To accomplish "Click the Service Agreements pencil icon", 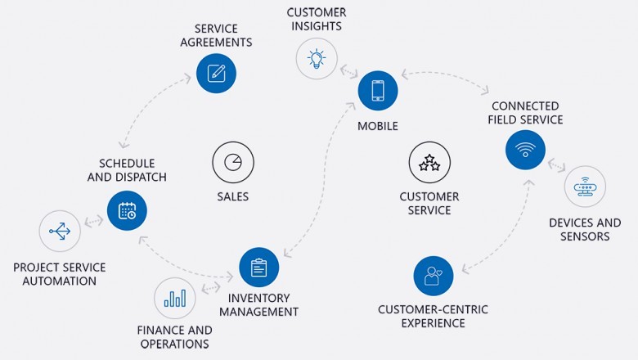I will point(216,73).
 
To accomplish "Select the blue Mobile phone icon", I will point(378,91).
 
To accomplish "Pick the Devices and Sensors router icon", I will point(586,187).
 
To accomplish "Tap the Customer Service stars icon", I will point(429,162).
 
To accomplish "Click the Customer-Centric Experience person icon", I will point(434,276).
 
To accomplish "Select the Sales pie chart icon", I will point(233,162).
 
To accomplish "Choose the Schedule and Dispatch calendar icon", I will point(128,211).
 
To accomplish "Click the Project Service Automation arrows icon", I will point(60,231).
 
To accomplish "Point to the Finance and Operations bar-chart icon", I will point(174,298).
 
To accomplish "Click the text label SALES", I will point(233,197).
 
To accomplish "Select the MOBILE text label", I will point(378,127).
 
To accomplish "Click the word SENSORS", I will point(585,237).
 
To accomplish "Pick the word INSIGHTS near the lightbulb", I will point(315,27).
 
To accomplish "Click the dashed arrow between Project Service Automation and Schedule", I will point(93,221).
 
